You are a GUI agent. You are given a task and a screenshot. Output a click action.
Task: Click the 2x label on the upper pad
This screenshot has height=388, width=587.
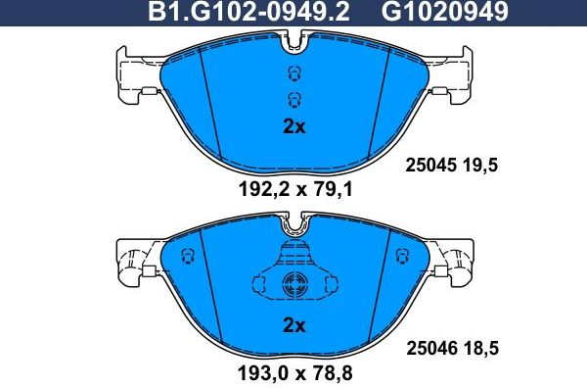pyautogui.click(x=293, y=126)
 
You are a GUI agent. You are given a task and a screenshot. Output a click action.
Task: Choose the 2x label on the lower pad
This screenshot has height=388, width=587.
pyautogui.click(x=293, y=325)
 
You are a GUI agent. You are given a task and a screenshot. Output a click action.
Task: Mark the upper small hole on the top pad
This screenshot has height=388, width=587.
pyautogui.click(x=293, y=73)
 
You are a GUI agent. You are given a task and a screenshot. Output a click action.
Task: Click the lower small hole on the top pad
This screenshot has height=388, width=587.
pyautogui.click(x=293, y=96)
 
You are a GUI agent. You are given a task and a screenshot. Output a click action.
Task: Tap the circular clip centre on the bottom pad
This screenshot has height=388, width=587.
pyautogui.click(x=293, y=287)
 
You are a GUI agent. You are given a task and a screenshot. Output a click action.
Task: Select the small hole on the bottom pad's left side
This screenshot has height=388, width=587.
pyautogui.click(x=190, y=256)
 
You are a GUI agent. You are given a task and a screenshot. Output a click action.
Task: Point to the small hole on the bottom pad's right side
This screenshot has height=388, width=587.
pyautogui.click(x=398, y=256)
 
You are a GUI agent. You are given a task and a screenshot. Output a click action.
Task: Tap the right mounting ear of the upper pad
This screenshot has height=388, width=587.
pyautogui.click(x=454, y=77)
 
